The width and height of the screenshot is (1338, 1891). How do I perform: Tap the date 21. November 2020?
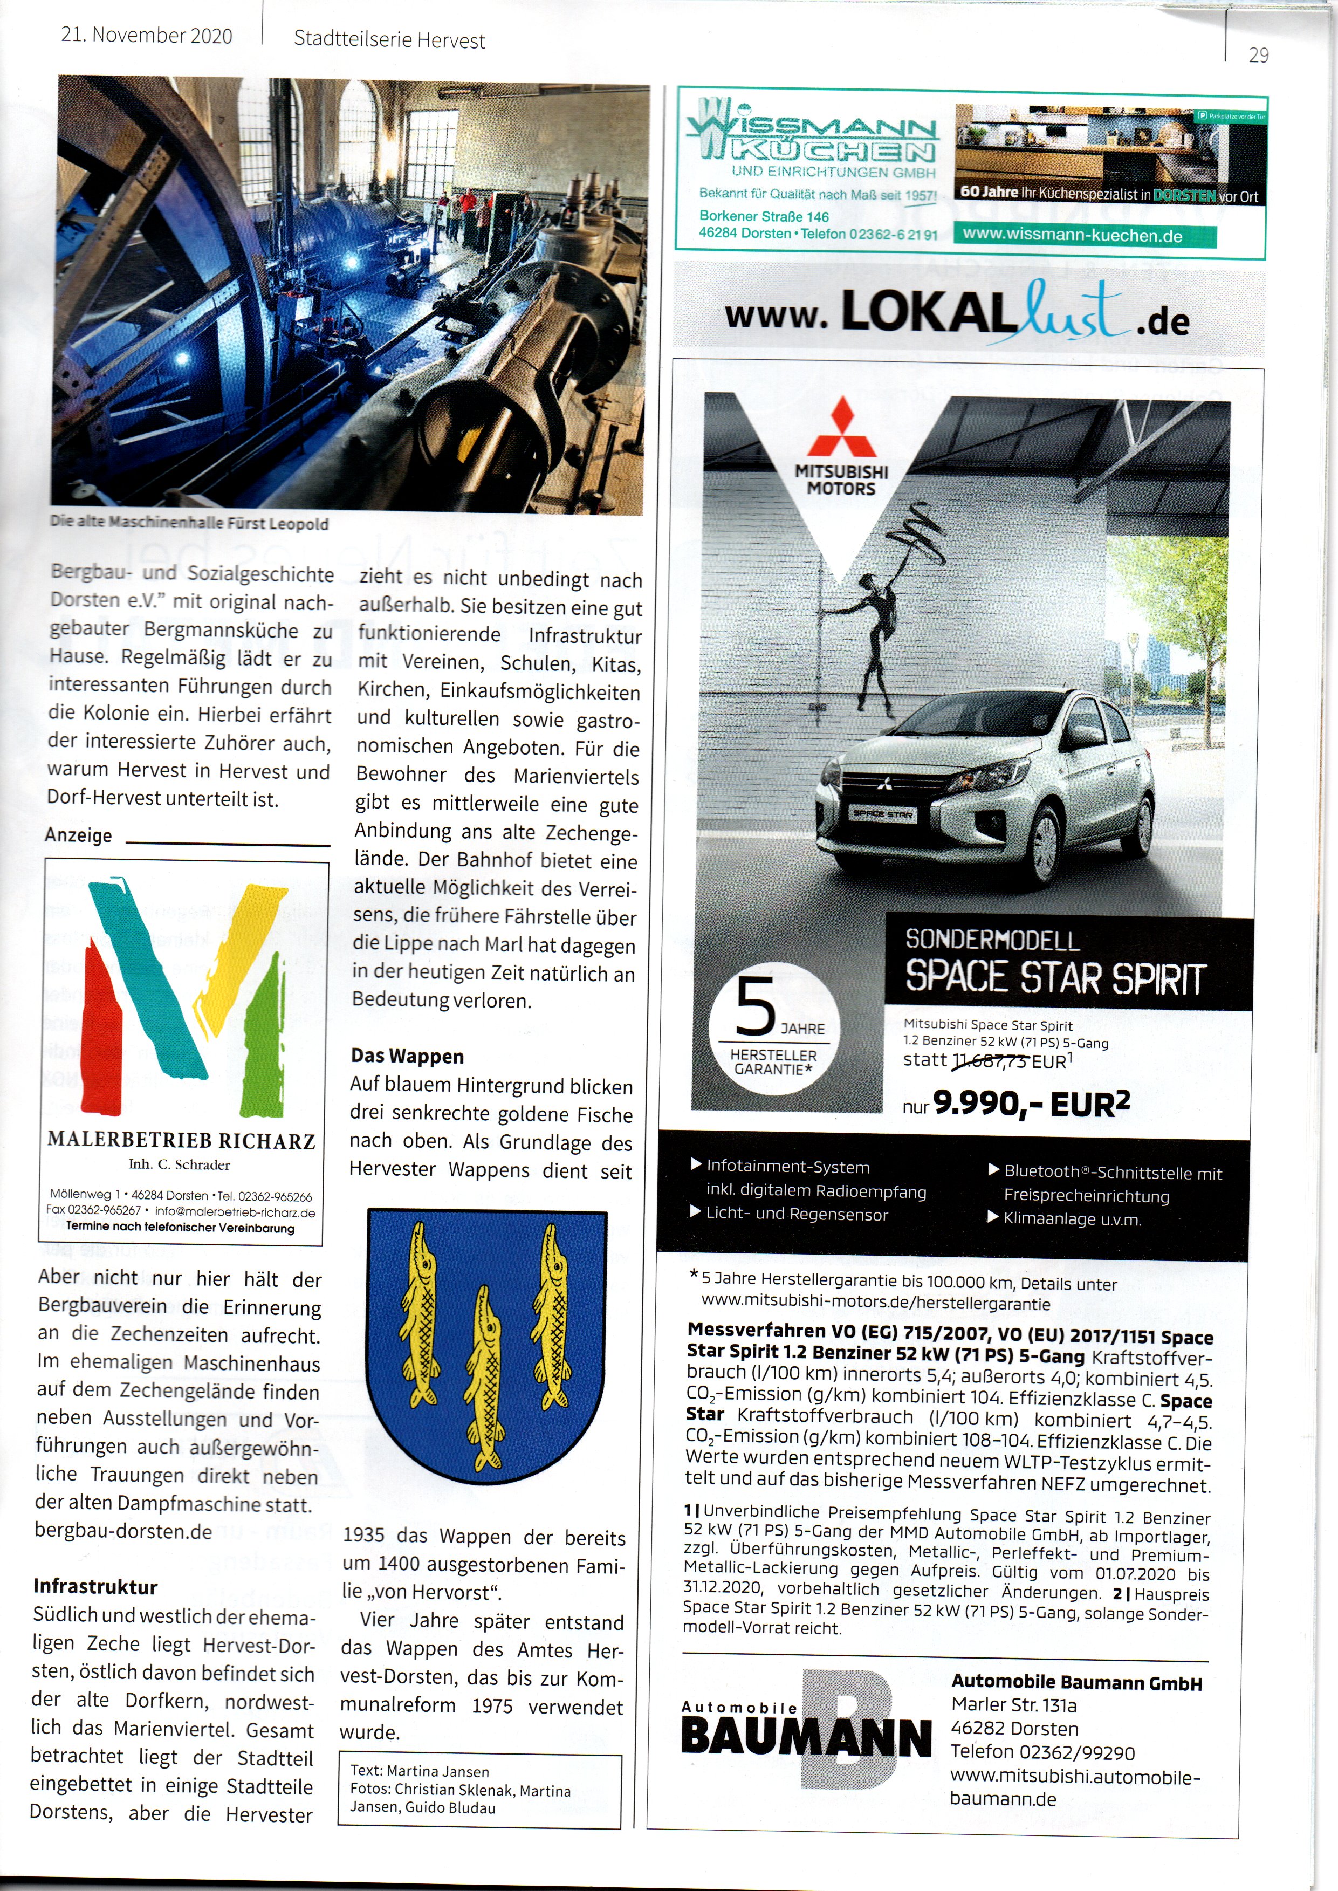[x=147, y=36]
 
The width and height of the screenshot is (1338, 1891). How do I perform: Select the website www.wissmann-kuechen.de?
[x=1072, y=236]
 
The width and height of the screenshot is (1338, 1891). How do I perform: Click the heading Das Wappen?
[x=407, y=1056]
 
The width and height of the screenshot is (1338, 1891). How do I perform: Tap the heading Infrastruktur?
[x=95, y=1587]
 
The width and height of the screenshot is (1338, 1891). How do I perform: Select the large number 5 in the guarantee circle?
[x=754, y=1008]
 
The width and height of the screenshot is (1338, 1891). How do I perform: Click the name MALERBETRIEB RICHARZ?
[x=181, y=1140]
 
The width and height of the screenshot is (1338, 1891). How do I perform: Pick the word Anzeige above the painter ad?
[x=78, y=835]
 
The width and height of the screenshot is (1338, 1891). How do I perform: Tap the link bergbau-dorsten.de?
[x=123, y=1532]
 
